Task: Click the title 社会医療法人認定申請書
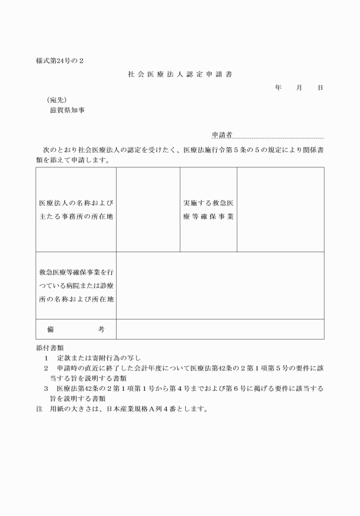tap(179, 74)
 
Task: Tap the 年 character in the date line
tap(278, 87)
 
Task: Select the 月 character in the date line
tap(299, 87)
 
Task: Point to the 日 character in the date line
tap(320, 87)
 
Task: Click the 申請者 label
tap(221, 135)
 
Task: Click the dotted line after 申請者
tap(278, 138)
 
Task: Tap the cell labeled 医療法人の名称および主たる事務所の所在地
tap(76, 210)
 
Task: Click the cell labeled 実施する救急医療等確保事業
tap(209, 210)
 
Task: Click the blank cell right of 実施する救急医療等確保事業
tap(280, 210)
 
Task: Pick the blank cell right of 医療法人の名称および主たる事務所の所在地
tap(148, 210)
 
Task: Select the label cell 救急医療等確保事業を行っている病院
tap(76, 285)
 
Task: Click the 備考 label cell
tap(76, 329)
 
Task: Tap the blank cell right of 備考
tap(220, 329)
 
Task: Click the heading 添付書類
tap(49, 347)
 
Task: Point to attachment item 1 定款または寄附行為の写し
tap(95, 357)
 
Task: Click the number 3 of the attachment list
tap(45, 388)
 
